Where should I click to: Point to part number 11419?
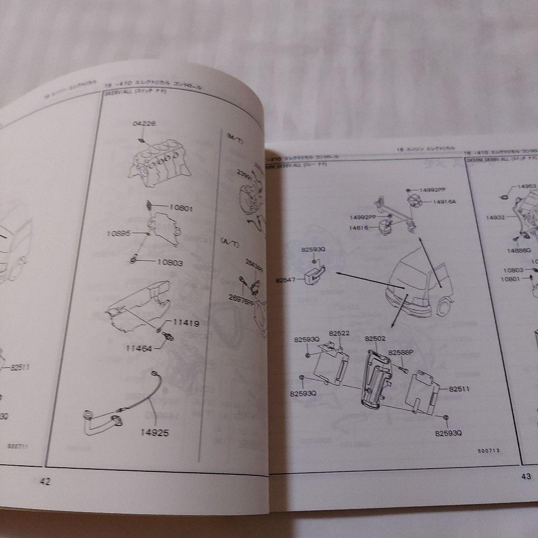click(186, 323)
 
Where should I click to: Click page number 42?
click(45, 481)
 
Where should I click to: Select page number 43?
click(526, 476)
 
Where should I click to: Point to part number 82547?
click(285, 280)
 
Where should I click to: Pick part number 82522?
click(339, 333)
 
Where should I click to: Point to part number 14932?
click(496, 218)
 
